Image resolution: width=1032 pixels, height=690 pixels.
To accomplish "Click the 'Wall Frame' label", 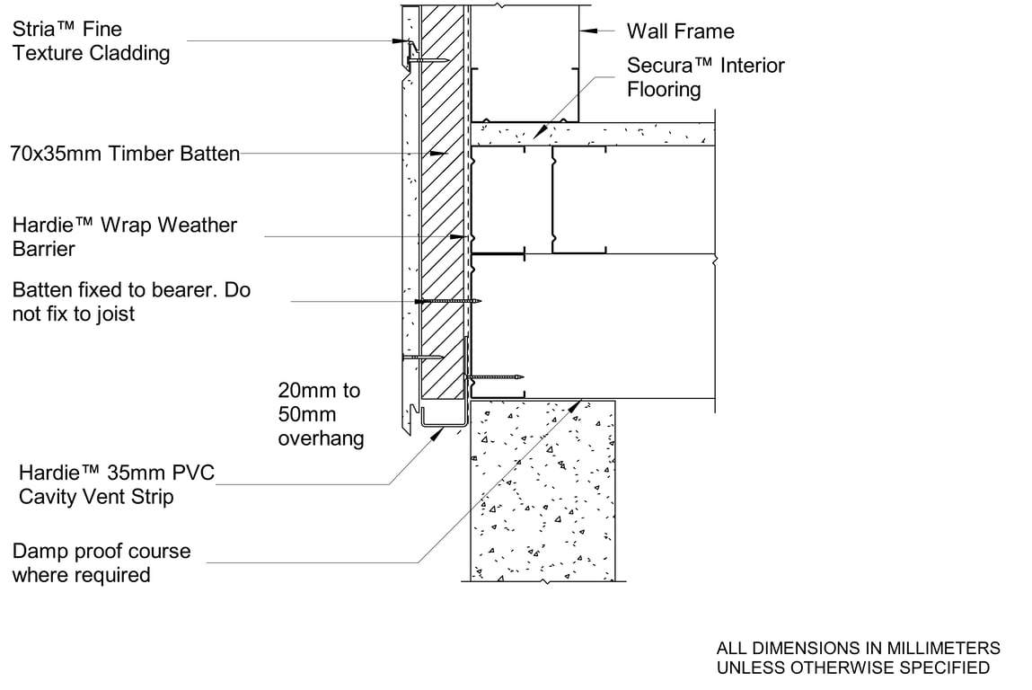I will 680,31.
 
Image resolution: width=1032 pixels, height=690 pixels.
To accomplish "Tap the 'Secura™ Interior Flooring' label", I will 705,77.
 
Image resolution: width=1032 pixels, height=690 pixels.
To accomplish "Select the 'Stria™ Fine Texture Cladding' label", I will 91,41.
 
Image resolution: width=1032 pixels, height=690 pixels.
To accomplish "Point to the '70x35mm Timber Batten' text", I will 125,154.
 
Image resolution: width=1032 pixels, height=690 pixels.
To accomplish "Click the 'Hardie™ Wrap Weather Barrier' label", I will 125,236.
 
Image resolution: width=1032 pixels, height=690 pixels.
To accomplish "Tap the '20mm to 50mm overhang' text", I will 321,414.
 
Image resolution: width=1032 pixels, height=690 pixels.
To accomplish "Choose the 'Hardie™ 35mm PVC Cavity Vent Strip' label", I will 117,484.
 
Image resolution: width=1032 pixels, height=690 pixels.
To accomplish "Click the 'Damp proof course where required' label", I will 101,562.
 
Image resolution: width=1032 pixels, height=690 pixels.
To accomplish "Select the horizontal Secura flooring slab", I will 593,134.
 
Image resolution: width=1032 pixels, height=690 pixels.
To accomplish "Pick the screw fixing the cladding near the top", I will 428,60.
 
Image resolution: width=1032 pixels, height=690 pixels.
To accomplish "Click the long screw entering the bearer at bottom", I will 494,377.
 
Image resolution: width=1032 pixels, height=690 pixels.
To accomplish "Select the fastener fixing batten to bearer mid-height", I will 449,301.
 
